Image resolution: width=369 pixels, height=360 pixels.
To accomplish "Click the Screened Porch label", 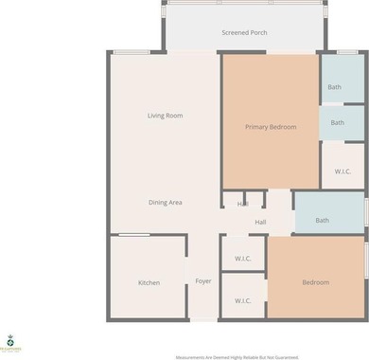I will pos(244,33).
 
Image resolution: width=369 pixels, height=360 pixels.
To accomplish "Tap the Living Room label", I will pos(165,116).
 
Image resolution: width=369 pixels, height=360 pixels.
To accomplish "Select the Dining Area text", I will pos(165,203).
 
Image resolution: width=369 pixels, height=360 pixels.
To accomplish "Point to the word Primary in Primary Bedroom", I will pos(257,127).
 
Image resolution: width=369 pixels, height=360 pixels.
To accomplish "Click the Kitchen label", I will pos(149,282).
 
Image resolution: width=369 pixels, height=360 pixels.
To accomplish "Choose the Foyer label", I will pos(203,282).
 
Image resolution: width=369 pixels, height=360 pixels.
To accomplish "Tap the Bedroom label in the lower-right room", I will pos(315,282).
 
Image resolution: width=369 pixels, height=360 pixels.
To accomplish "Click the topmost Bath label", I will pos(334,87).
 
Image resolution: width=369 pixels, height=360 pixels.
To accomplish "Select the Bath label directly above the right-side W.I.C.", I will pos(338,123).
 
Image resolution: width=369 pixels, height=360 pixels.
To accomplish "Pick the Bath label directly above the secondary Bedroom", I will pos(322,221).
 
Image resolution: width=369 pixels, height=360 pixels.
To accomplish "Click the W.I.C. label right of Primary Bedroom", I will pos(343,171).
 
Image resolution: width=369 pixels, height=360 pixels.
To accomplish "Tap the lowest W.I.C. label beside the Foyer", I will pos(242,301).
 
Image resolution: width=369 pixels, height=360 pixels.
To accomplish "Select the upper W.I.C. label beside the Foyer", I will pos(242,258).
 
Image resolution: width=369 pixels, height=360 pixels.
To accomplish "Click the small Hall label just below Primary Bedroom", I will pos(243,203).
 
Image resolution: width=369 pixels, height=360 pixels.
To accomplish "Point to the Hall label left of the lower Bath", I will pos(260,223).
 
